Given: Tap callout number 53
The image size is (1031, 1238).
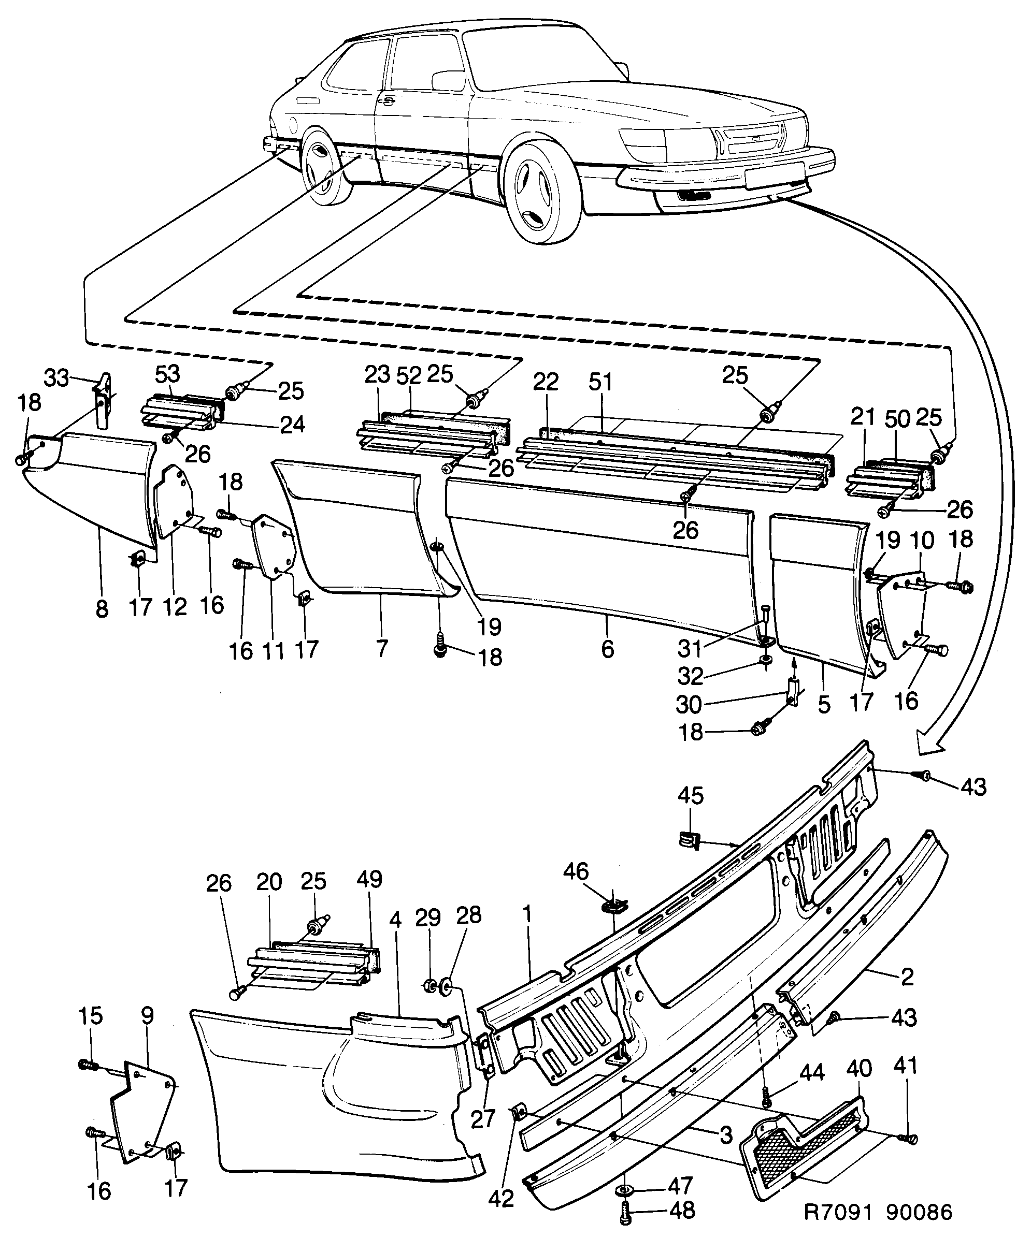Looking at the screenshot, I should [167, 375].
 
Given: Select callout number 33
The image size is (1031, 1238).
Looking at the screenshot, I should [57, 378].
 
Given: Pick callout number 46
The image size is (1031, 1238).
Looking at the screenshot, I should [575, 871].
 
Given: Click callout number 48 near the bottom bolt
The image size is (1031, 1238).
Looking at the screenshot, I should [681, 1210].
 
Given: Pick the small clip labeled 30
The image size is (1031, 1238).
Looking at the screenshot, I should [793, 691].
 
